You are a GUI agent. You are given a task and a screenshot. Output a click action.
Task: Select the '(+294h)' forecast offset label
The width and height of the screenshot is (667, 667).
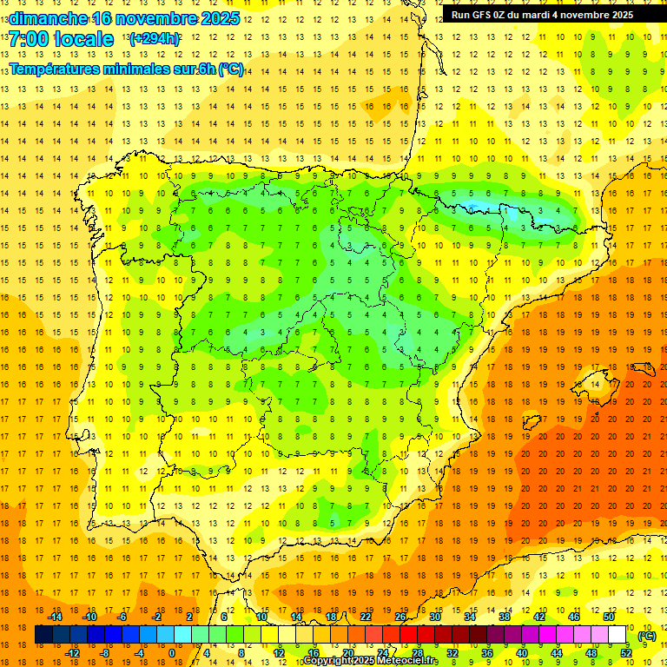click(155, 39)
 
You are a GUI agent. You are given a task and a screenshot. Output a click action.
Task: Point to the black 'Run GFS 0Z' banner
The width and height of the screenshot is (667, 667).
click(542, 14)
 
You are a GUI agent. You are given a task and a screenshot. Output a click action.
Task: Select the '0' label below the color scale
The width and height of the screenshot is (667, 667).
click(171, 653)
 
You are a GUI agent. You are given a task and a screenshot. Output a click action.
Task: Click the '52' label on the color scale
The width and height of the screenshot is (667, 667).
click(626, 653)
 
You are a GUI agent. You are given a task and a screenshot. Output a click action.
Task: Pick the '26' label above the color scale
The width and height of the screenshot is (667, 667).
click(400, 617)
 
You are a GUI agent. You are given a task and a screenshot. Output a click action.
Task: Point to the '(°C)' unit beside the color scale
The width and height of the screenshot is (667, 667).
click(646, 635)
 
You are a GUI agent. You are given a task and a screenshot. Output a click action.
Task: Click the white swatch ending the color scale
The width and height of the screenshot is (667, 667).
click(617, 635)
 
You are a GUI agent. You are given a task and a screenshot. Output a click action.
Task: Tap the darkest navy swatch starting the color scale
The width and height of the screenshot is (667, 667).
click(43, 635)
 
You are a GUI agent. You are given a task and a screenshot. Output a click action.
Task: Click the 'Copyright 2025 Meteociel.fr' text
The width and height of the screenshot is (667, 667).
click(370, 661)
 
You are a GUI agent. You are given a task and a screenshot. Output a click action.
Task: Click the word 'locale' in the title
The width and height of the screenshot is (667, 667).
click(83, 39)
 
